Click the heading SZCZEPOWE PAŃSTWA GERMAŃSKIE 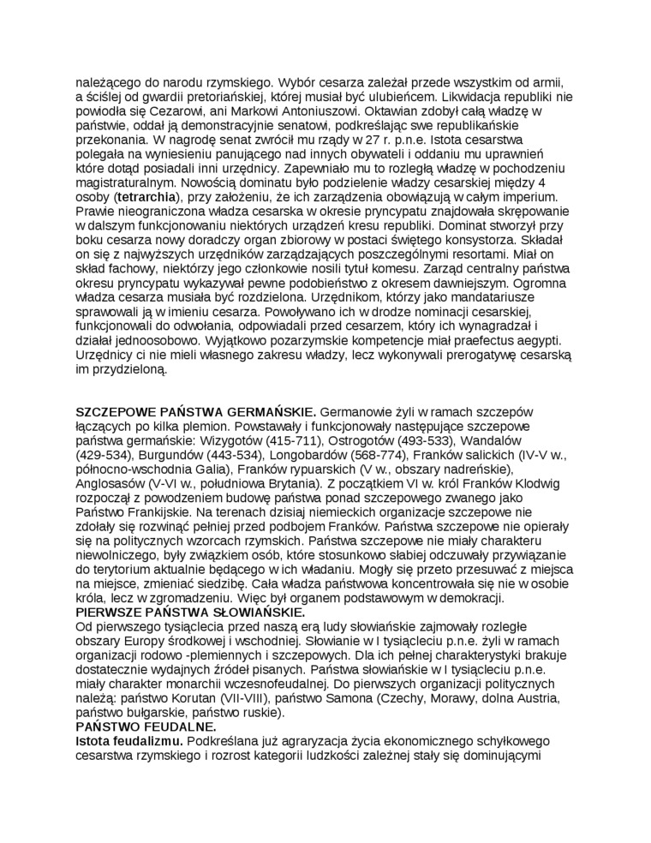pos(196,412)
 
